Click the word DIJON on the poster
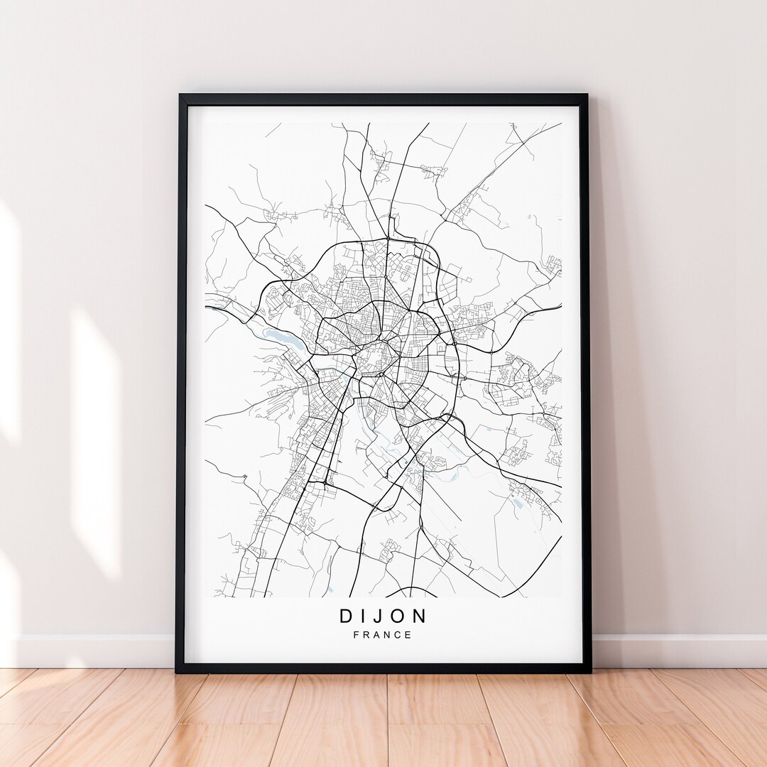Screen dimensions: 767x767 coord(383,616)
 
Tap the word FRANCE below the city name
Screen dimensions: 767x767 coord(383,635)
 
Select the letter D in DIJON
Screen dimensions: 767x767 coord(347,616)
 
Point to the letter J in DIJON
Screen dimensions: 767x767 coord(379,616)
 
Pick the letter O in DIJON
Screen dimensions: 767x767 coord(399,616)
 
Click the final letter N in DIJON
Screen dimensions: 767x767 coord(420,616)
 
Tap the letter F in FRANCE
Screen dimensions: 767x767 coord(357,635)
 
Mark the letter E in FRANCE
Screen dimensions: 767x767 coord(408,635)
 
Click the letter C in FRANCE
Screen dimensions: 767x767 coord(398,635)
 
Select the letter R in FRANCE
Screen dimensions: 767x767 coord(366,635)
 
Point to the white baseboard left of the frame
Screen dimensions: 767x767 coord(92,650)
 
